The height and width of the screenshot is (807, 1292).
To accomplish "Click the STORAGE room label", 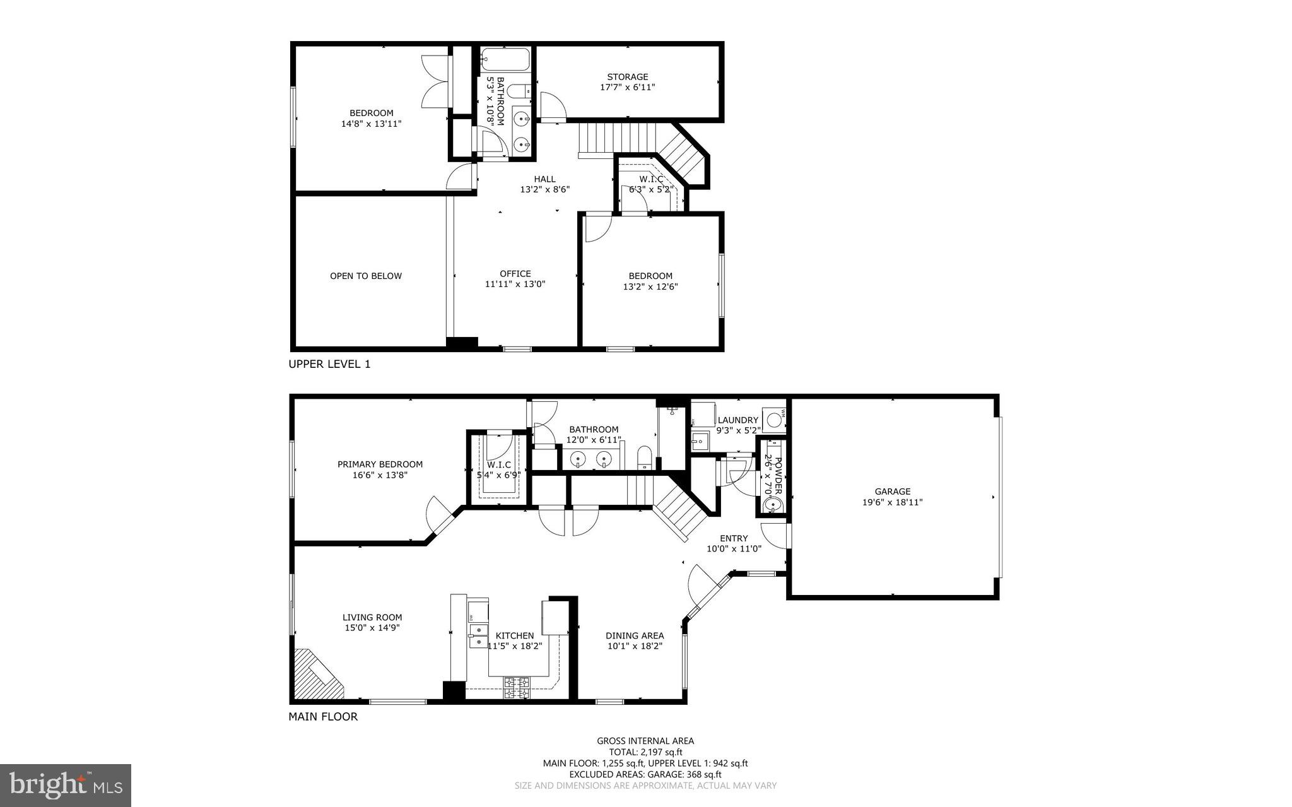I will [627, 77].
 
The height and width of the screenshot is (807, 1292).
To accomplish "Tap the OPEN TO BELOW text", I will [366, 276].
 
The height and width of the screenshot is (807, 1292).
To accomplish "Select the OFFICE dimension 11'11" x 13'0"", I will [515, 285].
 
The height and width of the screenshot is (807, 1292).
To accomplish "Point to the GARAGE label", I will [892, 492].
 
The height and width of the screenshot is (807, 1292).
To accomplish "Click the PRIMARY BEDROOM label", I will [380, 464].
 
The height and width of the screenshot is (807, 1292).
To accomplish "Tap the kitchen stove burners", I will [517, 688].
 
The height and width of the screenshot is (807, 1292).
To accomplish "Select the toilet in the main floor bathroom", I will [644, 457].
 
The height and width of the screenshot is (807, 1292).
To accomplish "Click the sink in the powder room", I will [770, 505].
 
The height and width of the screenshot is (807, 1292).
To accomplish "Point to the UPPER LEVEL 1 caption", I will [329, 364].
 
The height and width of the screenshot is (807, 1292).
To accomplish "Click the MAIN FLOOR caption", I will [323, 717].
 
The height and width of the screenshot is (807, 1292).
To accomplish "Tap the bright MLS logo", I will [66, 784].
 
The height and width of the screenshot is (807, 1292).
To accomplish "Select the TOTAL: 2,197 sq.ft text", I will [645, 752].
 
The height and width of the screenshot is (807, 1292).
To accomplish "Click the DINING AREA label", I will [634, 636].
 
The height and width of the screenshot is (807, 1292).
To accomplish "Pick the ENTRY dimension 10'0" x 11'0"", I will [734, 549].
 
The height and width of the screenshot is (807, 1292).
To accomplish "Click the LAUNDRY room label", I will [737, 420].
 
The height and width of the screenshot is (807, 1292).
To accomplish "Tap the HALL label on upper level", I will [544, 179].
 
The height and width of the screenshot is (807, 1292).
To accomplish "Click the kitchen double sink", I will [478, 635].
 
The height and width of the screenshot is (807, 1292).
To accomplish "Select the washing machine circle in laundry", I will [774, 419].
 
